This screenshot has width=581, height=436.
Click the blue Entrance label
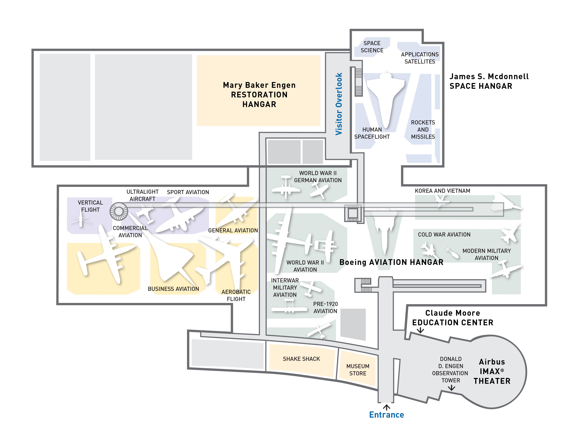[386, 415]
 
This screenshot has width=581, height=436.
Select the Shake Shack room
[301, 359]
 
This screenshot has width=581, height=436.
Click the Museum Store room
[358, 370]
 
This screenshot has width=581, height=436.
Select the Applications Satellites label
[420, 58]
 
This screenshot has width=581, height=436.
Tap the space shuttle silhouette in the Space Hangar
[385, 97]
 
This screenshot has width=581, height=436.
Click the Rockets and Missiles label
[423, 130]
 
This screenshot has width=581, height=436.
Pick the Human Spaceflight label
[372, 133]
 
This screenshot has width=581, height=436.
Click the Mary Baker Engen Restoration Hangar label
[259, 95]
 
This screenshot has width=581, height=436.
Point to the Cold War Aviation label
[444, 235]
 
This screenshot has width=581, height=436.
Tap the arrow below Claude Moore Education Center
[420, 330]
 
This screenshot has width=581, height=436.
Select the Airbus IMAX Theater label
[492, 371]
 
